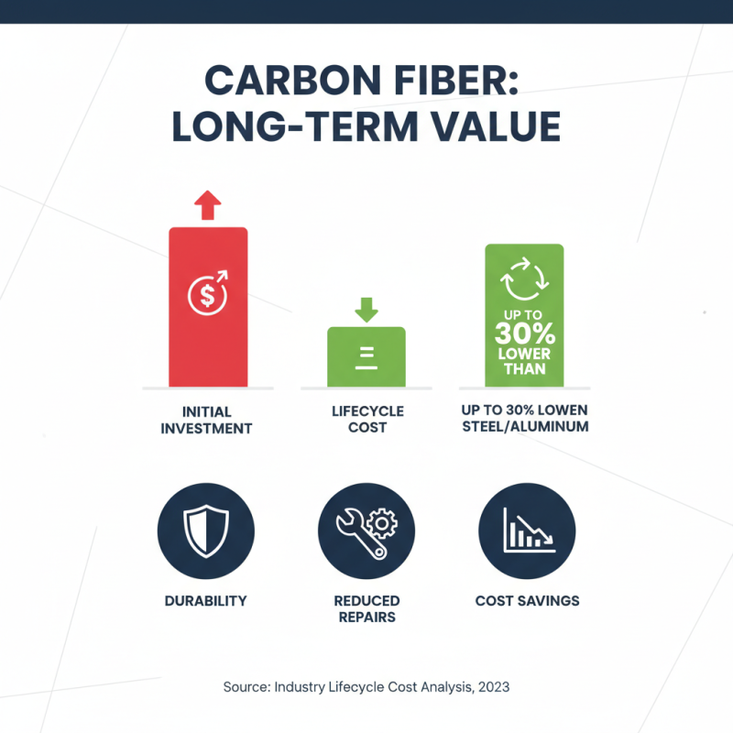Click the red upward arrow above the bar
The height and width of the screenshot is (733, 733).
[208, 204]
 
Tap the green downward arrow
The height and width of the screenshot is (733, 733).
[366, 309]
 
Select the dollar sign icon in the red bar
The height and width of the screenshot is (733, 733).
[207, 294]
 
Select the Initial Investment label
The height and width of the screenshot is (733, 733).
[208, 420]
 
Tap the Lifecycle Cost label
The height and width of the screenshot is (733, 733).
[366, 420]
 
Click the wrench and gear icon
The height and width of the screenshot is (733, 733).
[366, 531]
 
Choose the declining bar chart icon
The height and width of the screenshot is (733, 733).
[526, 531]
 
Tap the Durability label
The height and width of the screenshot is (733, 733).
[206, 601]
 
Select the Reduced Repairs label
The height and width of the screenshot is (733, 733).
[366, 608]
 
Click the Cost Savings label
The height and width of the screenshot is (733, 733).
[527, 601]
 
